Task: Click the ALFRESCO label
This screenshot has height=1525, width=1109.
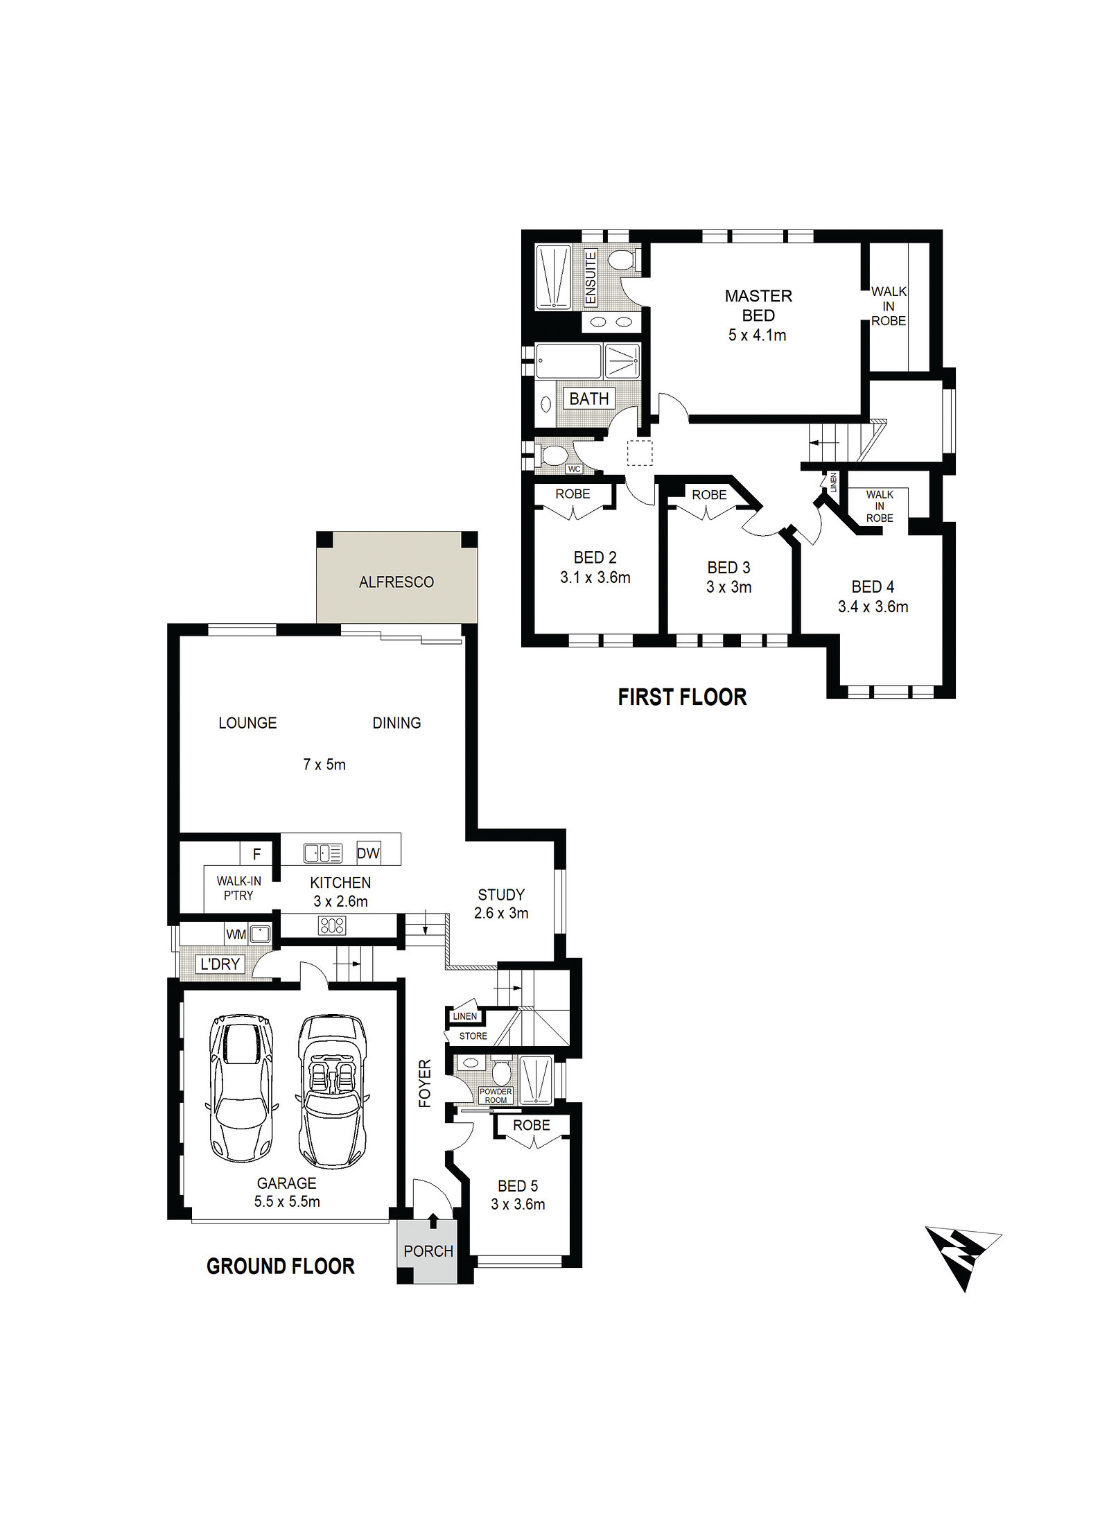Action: [x=396, y=582]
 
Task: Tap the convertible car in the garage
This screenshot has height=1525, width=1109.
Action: [x=332, y=1092]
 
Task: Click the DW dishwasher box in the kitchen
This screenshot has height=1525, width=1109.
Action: [x=368, y=853]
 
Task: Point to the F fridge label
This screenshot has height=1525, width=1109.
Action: [x=256, y=855]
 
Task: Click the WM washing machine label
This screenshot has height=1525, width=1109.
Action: [x=236, y=934]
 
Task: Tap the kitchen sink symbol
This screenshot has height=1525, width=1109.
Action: [x=323, y=853]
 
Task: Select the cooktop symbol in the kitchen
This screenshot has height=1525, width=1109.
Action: [x=331, y=925]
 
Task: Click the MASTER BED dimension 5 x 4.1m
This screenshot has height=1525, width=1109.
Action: [x=757, y=335]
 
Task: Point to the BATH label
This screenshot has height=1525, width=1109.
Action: [x=589, y=399]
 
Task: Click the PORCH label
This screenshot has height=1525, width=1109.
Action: [x=428, y=1251]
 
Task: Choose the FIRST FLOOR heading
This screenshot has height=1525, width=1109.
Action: [x=683, y=697]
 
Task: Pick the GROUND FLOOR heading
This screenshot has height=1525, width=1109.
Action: [x=281, y=1266]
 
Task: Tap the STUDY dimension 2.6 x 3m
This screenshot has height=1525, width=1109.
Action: [x=501, y=914]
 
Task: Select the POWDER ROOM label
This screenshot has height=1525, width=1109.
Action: [x=496, y=1096]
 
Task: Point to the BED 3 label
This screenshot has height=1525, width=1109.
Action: [x=728, y=568]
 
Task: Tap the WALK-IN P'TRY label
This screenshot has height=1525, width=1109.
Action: [x=238, y=888]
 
